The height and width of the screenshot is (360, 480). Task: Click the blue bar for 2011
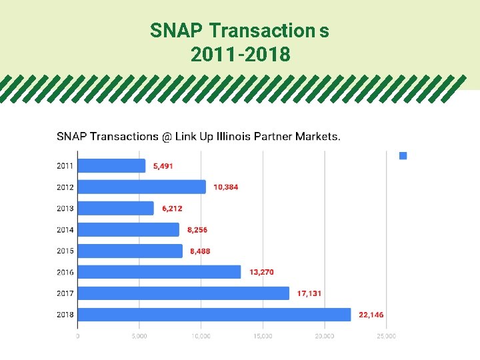[111, 166]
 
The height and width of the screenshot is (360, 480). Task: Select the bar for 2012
[142, 187]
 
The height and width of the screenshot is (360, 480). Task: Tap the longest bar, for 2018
[214, 315]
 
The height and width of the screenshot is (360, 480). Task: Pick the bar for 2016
[159, 272]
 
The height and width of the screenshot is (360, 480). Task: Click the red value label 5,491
[163, 166]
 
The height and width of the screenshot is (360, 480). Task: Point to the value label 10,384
[226, 187]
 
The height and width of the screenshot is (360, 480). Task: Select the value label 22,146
[371, 315]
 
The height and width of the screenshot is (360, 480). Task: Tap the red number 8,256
[197, 230]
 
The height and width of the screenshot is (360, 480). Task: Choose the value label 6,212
[172, 209]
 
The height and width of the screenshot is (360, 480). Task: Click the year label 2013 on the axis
[65, 209]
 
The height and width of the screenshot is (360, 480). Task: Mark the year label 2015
[65, 251]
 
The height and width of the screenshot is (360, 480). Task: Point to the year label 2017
[65, 293]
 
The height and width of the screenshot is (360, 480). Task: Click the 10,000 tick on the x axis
[201, 336]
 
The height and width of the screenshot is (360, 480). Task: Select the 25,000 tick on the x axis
[386, 336]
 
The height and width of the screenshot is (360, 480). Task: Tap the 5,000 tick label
[139, 336]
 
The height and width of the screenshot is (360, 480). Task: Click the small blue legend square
[403, 156]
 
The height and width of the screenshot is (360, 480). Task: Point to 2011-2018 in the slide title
[240, 55]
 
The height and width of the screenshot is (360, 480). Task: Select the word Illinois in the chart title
[233, 137]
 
